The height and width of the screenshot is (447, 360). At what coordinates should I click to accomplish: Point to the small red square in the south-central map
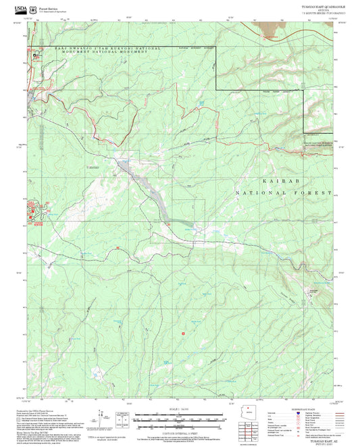(x=183, y=334)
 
